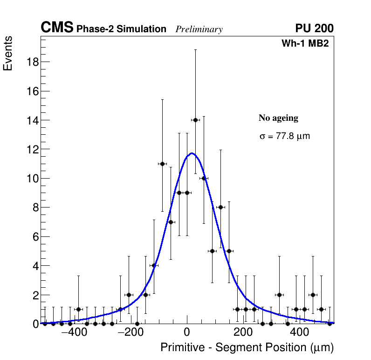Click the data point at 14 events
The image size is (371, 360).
(x=195, y=120)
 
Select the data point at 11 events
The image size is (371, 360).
(x=162, y=164)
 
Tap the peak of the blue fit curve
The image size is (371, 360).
(x=192, y=153)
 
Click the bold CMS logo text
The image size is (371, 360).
(x=57, y=28)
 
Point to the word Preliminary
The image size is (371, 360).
(x=199, y=29)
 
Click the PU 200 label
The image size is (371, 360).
(x=314, y=28)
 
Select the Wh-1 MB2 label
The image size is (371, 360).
(x=305, y=44)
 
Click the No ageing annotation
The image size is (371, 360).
(x=278, y=118)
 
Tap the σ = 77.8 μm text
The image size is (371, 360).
(x=284, y=137)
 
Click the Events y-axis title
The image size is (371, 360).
(x=8, y=53)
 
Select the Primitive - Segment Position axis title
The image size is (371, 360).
(x=247, y=347)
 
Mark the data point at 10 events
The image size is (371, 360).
(x=204, y=178)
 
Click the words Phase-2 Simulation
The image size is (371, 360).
(x=121, y=29)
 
